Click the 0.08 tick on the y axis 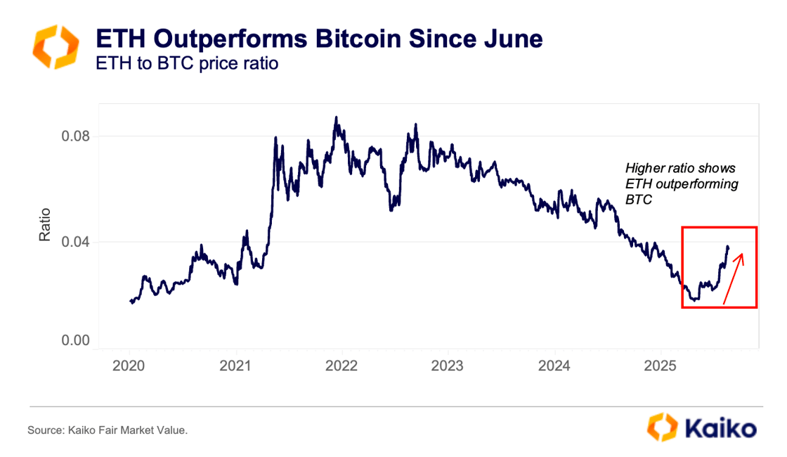pyautogui.click(x=73, y=136)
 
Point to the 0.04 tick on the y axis pyautogui.click(x=73, y=242)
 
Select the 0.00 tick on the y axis pyautogui.click(x=73, y=341)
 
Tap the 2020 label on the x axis pyautogui.click(x=129, y=366)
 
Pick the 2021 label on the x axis pyautogui.click(x=236, y=366)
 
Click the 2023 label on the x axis pyautogui.click(x=448, y=366)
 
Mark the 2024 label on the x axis pyautogui.click(x=554, y=366)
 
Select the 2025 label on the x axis pyautogui.click(x=660, y=366)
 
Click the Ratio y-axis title pyautogui.click(x=45, y=224)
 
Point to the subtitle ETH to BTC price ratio pyautogui.click(x=187, y=63)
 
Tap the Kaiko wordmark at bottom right pyautogui.click(x=719, y=427)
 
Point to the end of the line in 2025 pyautogui.click(x=728, y=247)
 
